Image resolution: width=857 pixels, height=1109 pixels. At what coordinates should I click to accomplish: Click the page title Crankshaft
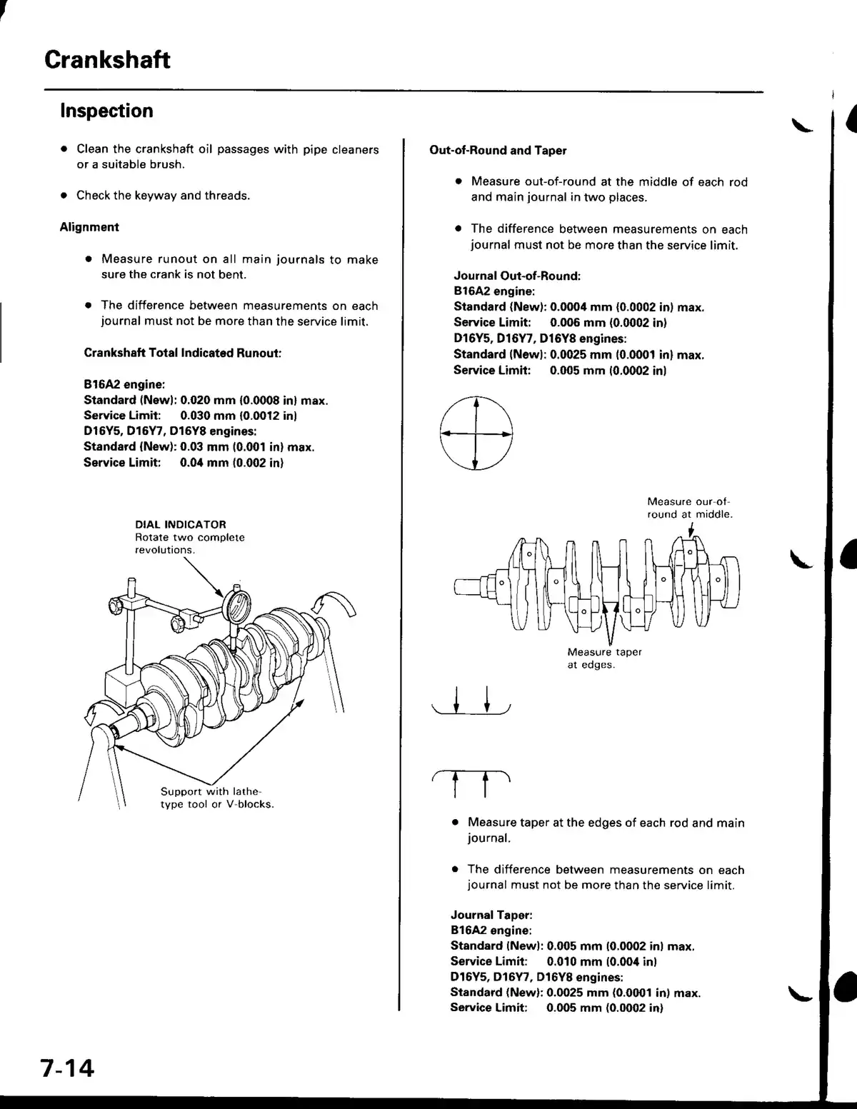pyautogui.click(x=107, y=59)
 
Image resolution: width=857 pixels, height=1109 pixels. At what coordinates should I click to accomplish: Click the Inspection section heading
pyautogui.click(x=106, y=111)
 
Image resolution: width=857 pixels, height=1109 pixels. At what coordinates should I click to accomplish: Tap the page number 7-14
pyautogui.click(x=67, y=1068)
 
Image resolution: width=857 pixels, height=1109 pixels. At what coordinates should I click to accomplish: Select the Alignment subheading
pyautogui.click(x=89, y=227)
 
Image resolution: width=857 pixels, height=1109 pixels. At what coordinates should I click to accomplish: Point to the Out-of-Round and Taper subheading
pyautogui.click(x=497, y=151)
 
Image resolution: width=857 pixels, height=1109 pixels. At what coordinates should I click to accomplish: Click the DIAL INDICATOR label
pyautogui.click(x=180, y=524)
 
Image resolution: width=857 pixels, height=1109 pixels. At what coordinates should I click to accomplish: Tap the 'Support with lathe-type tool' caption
pyautogui.click(x=217, y=798)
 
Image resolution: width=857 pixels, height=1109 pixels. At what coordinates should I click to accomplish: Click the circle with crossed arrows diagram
pyautogui.click(x=476, y=434)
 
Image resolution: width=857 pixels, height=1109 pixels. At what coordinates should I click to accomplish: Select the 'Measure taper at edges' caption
pyautogui.click(x=604, y=658)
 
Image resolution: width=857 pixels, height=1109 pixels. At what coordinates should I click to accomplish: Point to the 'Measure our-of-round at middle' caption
pyautogui.click(x=689, y=508)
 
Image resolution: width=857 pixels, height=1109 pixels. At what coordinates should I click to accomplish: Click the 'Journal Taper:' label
pyautogui.click(x=491, y=915)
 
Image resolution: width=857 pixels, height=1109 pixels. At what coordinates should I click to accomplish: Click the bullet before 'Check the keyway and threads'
pyautogui.click(x=64, y=196)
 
